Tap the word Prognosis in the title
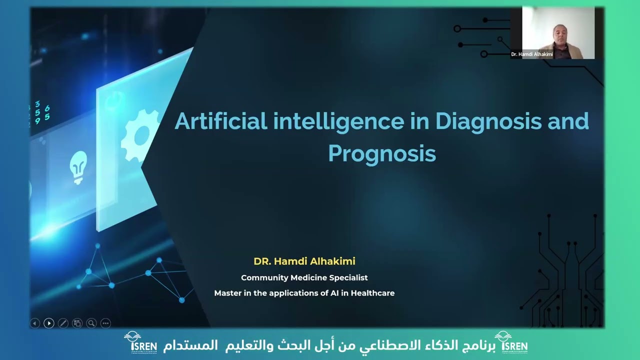(x=382, y=153)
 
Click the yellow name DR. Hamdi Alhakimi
(x=304, y=261)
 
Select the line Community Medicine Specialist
(x=304, y=277)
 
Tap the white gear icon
(x=140, y=135)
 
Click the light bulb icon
(x=78, y=167)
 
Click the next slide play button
(x=49, y=323)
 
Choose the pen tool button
(x=63, y=323)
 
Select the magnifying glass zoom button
(x=91, y=323)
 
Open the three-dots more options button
(x=105, y=323)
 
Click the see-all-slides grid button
(x=77, y=323)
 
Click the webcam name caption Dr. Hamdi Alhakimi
(x=531, y=54)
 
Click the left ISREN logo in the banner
(x=140, y=342)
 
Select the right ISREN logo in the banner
(x=511, y=342)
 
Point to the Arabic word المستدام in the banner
(x=190, y=345)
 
